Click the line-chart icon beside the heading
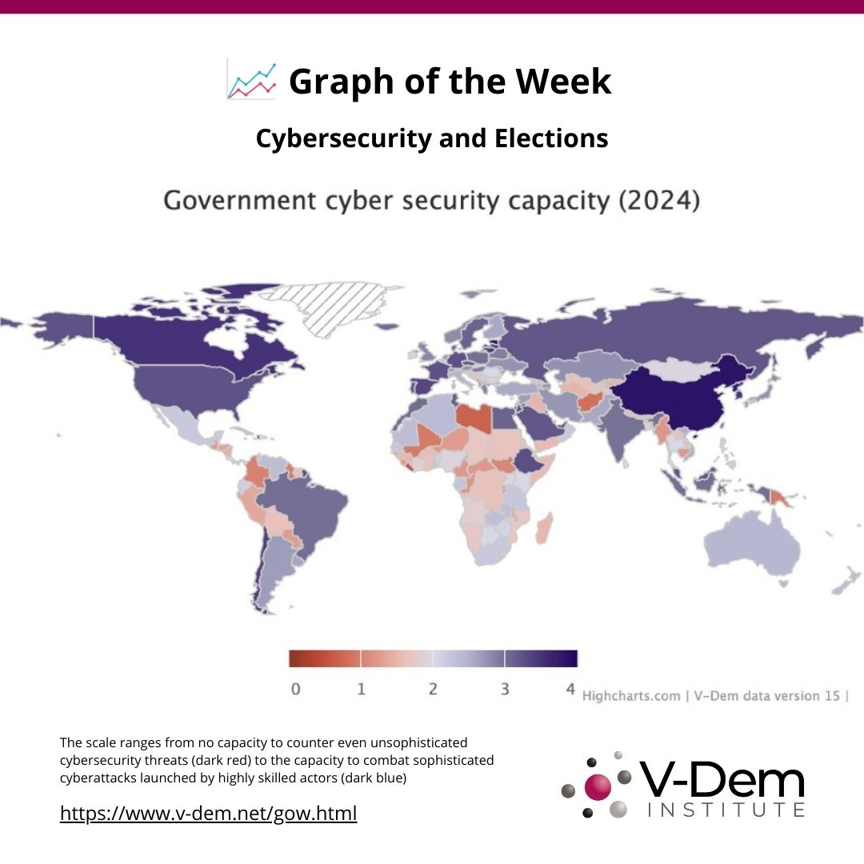pos(252,80)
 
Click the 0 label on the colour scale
pos(295,689)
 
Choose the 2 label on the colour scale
pos(433,689)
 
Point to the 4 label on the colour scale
pos(570,689)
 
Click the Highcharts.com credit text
pos(630,695)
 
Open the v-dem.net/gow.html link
pos(208,814)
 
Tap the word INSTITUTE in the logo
pos(725,810)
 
